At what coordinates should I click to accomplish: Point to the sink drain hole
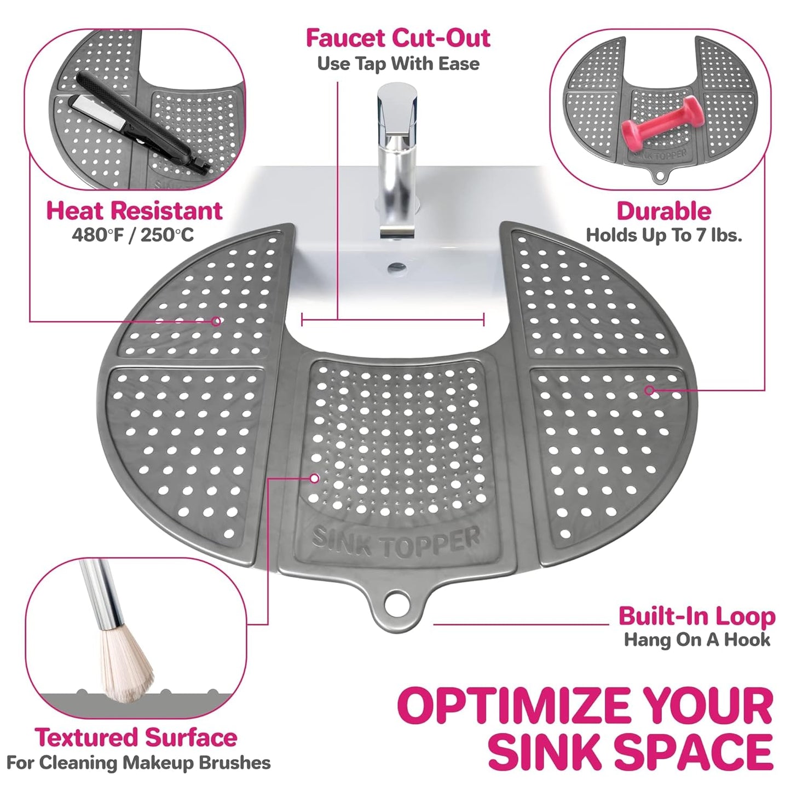coord(397,268)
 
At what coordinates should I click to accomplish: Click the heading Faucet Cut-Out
coord(398,38)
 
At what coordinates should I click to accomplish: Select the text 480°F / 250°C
coord(133,235)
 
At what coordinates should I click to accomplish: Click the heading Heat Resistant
coord(134,211)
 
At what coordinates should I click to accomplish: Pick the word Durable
coord(663,211)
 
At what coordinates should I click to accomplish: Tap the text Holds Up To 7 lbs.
coord(663,235)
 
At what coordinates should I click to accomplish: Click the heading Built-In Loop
coord(696,616)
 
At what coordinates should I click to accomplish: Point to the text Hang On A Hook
coord(696,639)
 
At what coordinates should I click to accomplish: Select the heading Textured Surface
coord(136,737)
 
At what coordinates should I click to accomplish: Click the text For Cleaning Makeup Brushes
coord(138,763)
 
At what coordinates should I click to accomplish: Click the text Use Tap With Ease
coord(398,63)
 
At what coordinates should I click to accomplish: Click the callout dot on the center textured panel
coord(314,478)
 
